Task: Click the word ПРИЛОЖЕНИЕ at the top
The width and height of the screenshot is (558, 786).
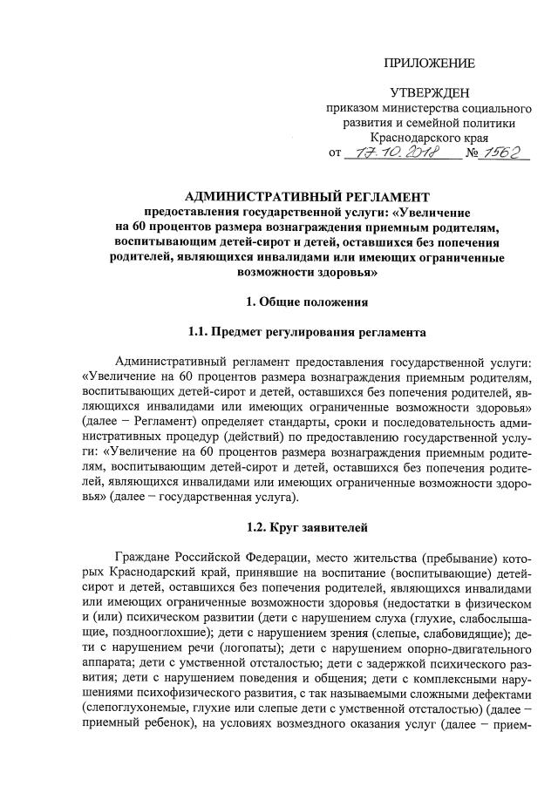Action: (431, 63)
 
